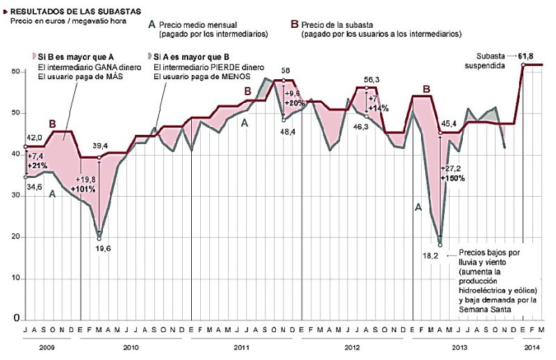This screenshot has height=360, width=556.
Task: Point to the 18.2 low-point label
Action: tap(432, 256)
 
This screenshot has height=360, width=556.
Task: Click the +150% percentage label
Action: tap(452, 178)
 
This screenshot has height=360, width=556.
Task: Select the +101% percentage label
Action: tap(83, 188)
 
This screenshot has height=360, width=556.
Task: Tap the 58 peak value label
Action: tap(286, 70)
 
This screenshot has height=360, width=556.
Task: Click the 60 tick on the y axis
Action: tap(15, 72)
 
